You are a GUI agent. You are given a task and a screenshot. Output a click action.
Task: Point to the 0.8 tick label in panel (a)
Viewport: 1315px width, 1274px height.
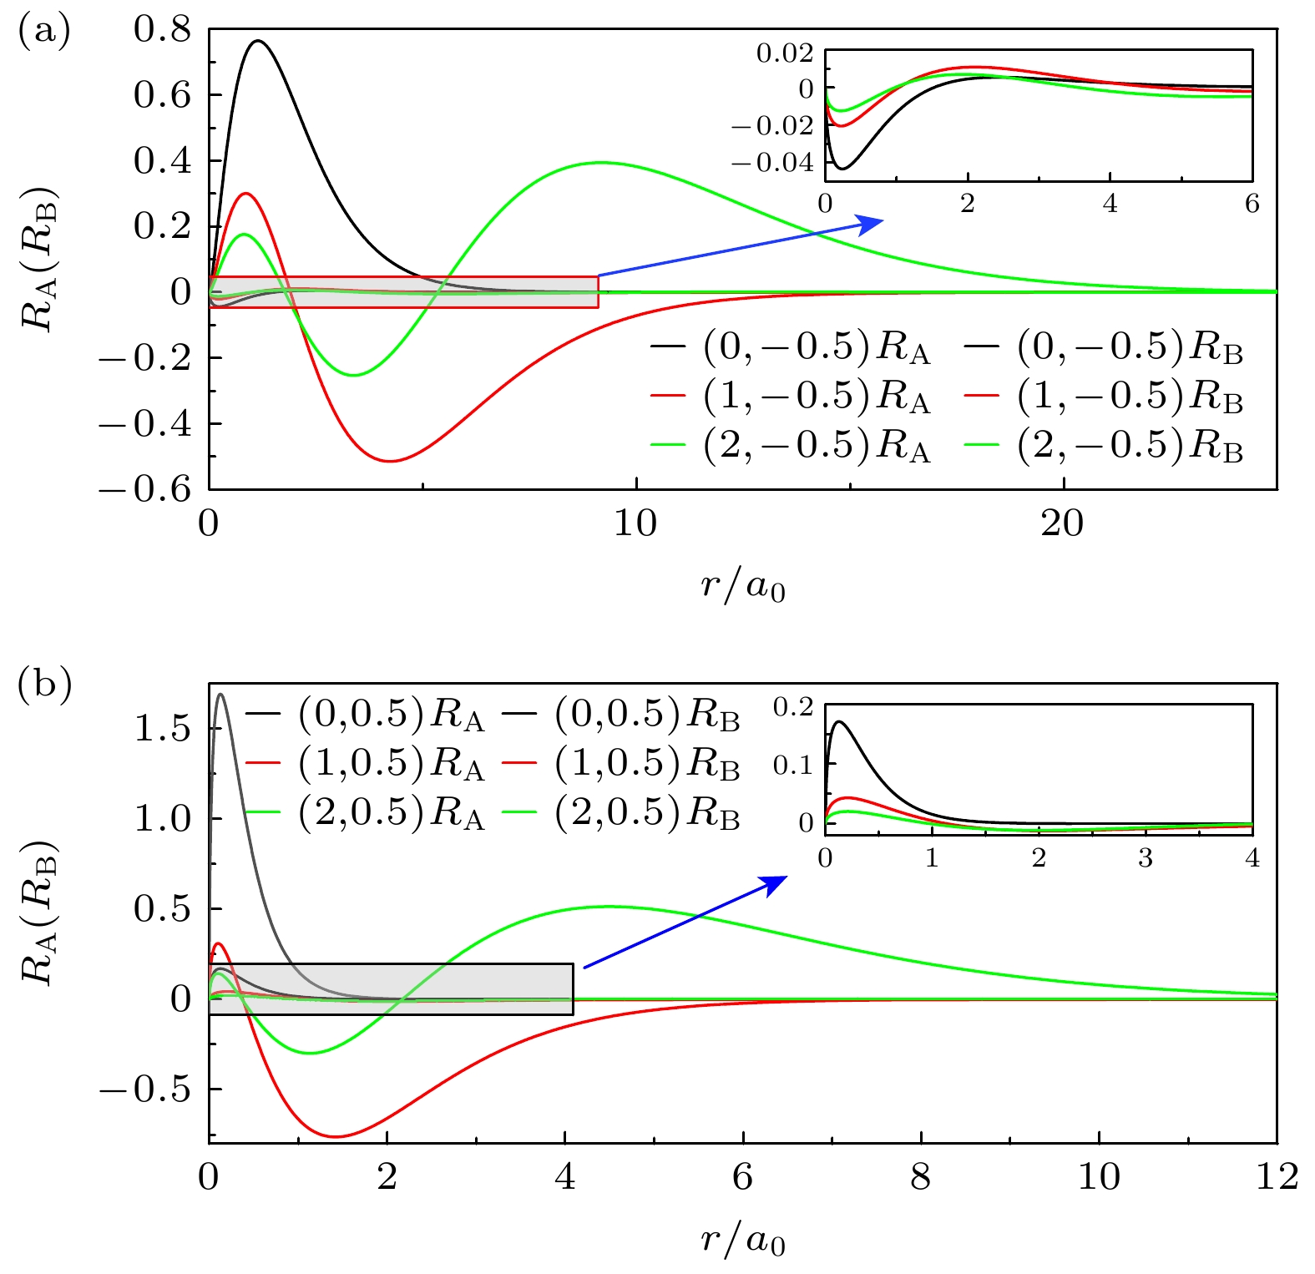point(162,30)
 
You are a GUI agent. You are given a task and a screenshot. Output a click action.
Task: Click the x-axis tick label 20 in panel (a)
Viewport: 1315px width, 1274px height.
point(1063,523)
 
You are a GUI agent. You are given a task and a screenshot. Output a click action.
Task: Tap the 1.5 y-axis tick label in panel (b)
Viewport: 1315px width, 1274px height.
point(162,729)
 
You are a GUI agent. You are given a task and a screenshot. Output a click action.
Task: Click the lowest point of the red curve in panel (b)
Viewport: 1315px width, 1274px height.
point(336,1136)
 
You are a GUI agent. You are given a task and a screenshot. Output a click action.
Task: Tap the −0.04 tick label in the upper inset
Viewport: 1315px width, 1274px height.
point(771,162)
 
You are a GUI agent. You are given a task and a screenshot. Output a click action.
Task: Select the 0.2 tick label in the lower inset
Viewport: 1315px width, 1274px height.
point(792,707)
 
